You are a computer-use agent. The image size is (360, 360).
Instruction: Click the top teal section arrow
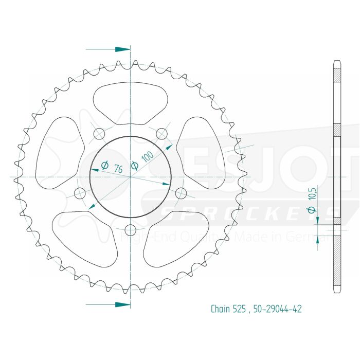click(x=121, y=49)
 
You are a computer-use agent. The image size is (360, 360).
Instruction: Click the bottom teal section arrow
click(x=121, y=304)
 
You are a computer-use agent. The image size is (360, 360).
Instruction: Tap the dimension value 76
click(x=118, y=168)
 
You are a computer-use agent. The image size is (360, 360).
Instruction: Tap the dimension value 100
click(x=148, y=157)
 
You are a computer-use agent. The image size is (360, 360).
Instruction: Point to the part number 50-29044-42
click(x=278, y=309)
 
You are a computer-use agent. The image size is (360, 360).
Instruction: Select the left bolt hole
click(x=80, y=193)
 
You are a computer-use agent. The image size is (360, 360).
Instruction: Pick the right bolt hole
click(x=181, y=193)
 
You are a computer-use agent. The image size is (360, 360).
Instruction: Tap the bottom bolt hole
click(x=130, y=229)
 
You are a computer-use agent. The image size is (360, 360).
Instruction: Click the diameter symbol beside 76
click(x=104, y=165)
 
